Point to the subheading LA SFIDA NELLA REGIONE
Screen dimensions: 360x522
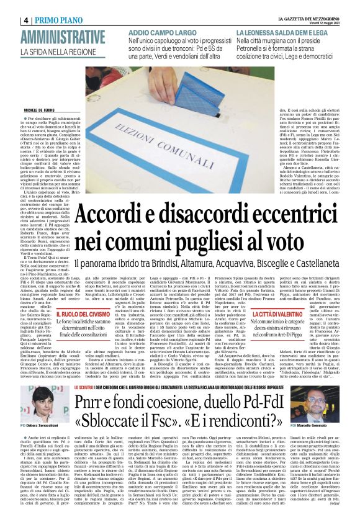pyautogui.click(x=62, y=53)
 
